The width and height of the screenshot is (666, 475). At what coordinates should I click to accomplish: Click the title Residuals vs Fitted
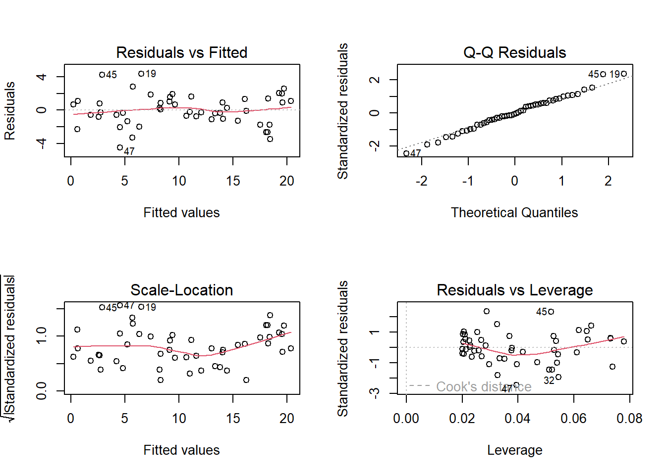181,52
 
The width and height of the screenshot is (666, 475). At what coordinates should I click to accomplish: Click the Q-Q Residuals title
514,52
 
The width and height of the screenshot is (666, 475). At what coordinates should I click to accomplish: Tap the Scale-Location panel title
181,290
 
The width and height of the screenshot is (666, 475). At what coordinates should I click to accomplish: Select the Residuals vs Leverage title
514,290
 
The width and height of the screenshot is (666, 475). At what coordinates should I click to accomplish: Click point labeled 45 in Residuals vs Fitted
102,75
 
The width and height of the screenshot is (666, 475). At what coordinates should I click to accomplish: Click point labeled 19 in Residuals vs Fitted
141,74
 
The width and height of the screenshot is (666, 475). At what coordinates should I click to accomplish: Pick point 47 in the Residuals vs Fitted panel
120,147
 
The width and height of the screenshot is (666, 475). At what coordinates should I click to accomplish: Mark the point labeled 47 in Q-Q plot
406,153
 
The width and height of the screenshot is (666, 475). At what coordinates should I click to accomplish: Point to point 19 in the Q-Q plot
624,74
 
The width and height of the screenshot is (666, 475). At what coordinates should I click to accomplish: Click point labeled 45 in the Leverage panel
551,312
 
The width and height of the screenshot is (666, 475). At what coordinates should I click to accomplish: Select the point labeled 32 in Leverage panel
558,377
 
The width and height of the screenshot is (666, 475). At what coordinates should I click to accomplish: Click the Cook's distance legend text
483,386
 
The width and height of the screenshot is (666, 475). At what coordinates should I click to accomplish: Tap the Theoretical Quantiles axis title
514,213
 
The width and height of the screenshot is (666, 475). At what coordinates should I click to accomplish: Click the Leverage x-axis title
514,450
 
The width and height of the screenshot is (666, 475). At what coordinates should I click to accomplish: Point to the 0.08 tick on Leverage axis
629,419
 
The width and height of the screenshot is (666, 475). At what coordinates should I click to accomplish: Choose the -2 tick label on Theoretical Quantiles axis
421,181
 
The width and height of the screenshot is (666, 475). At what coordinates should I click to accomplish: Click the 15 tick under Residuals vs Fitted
233,181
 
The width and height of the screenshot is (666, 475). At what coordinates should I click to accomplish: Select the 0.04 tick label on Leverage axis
517,419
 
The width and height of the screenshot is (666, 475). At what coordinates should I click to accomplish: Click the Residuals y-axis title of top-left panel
10,111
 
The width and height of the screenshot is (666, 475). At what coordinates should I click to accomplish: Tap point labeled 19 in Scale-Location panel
141,307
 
